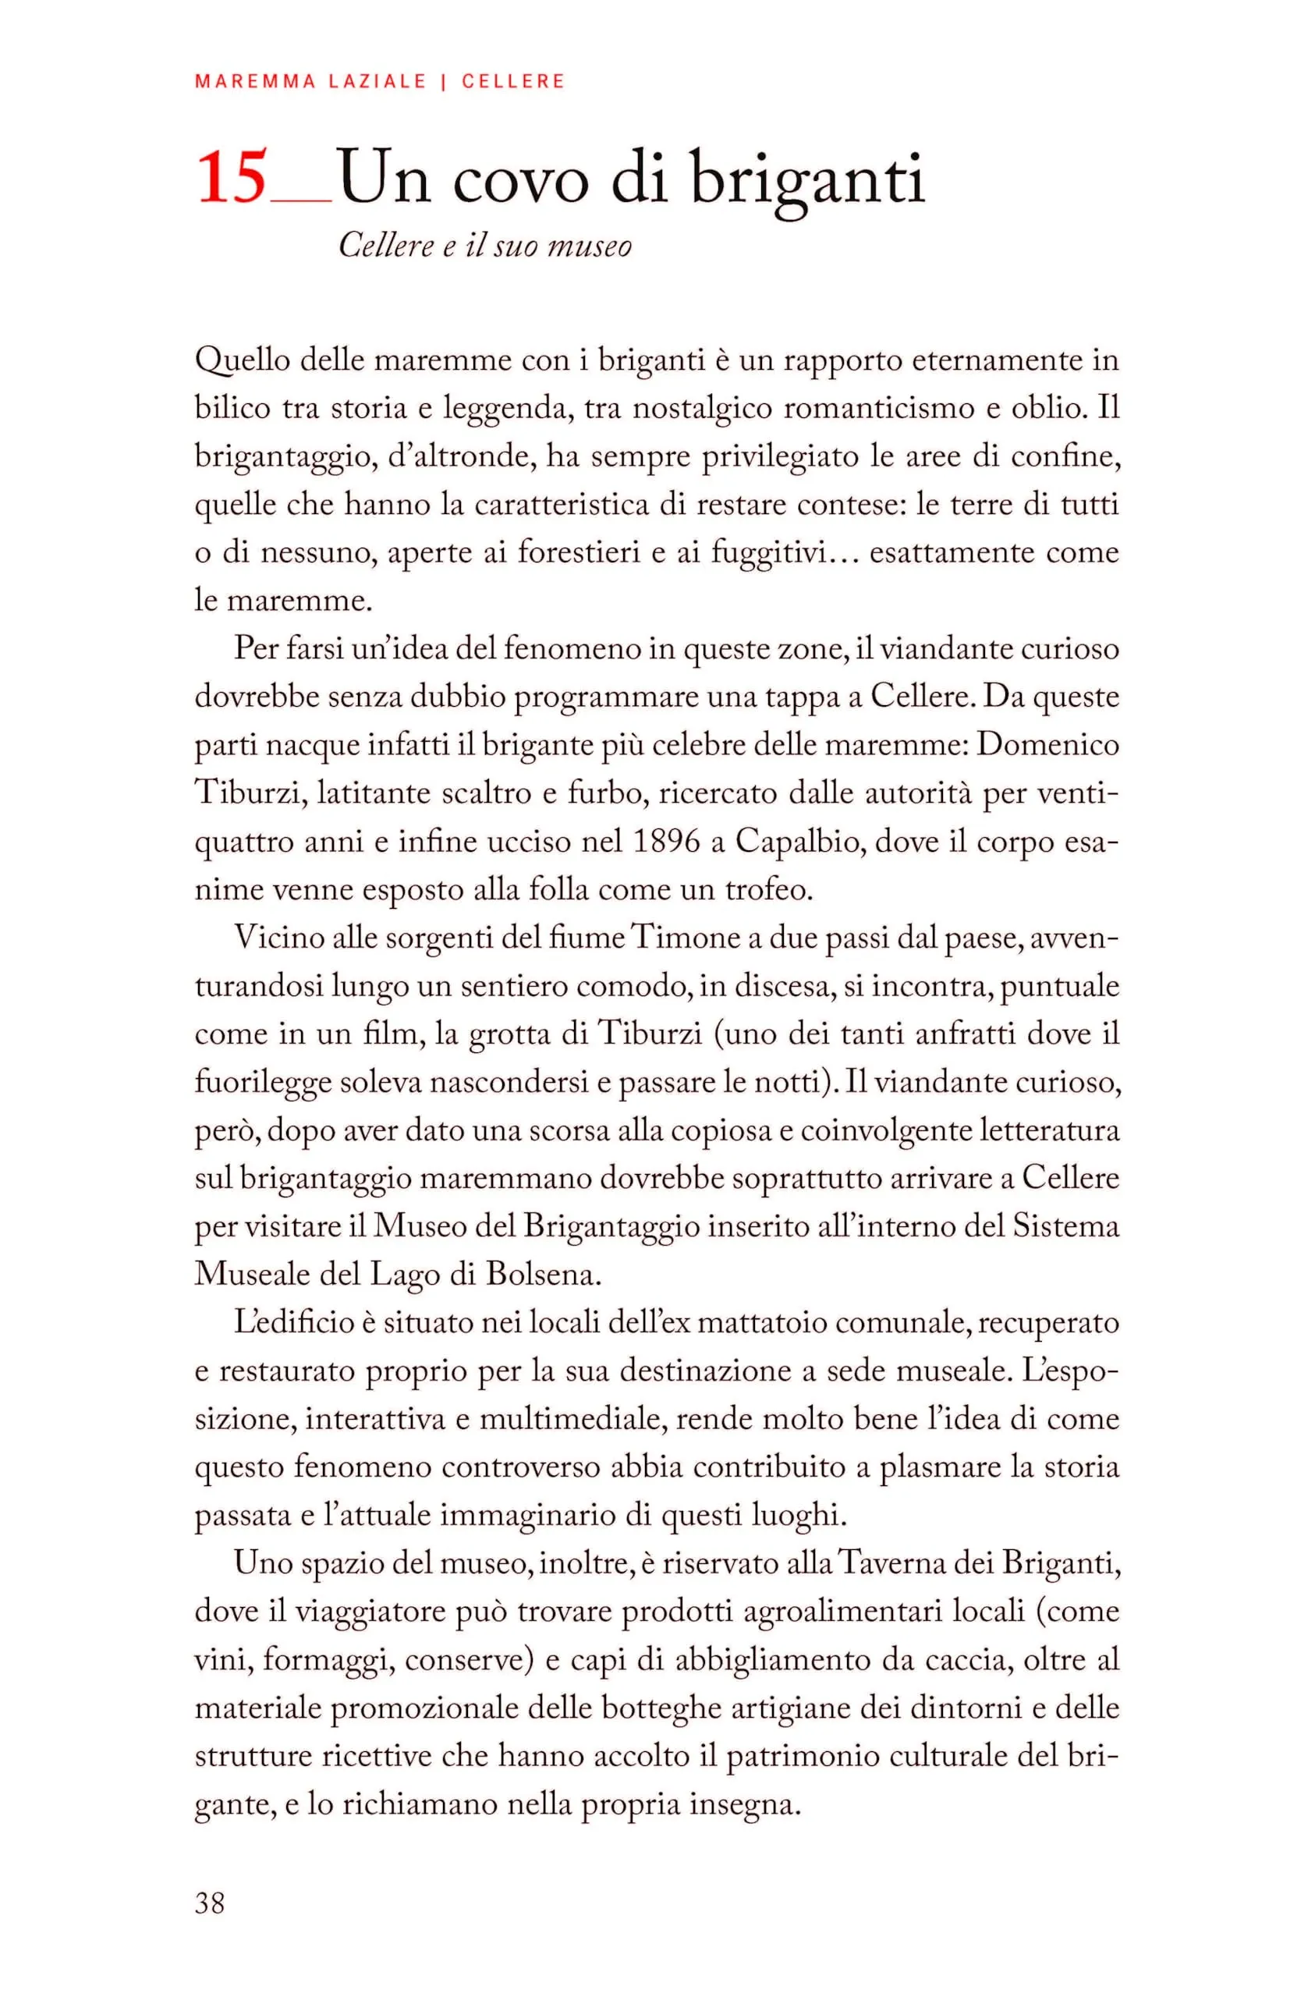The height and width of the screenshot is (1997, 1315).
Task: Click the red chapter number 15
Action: [x=232, y=179]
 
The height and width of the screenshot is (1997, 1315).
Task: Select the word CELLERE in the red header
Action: [x=513, y=81]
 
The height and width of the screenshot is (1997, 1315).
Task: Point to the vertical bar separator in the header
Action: [x=442, y=81]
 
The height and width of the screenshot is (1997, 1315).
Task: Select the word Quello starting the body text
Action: [x=242, y=362]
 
